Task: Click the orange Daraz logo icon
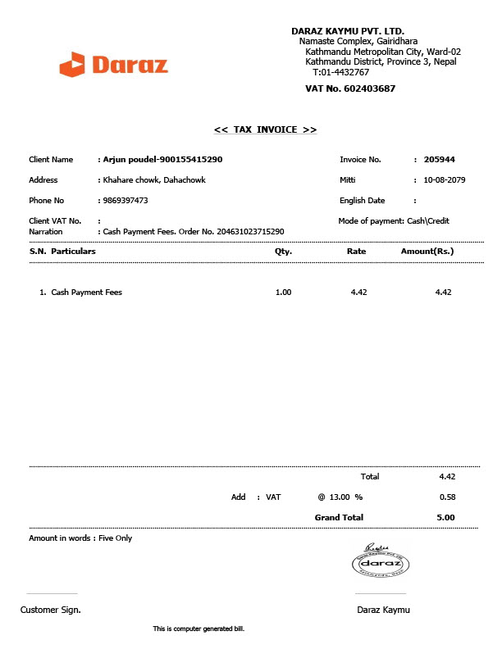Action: [72, 64]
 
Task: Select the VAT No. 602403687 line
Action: [350, 88]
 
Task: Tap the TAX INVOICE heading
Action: [265, 129]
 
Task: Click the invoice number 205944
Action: [439, 160]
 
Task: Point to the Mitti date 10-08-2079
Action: [445, 179]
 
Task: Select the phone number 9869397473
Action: [125, 200]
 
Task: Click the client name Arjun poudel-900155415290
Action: [162, 160]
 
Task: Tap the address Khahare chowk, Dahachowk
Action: [153, 179]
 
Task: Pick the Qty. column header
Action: [283, 252]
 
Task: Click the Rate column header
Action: [356, 252]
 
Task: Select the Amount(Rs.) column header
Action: [427, 252]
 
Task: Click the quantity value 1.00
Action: [283, 293]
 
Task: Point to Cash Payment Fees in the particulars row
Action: [86, 293]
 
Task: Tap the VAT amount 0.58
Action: [447, 497]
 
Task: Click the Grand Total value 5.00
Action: [445, 518]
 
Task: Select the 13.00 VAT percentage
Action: [340, 497]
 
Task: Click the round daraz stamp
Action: [381, 564]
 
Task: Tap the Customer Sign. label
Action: [50, 610]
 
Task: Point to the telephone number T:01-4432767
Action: [340, 72]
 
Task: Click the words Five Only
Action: [115, 538]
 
